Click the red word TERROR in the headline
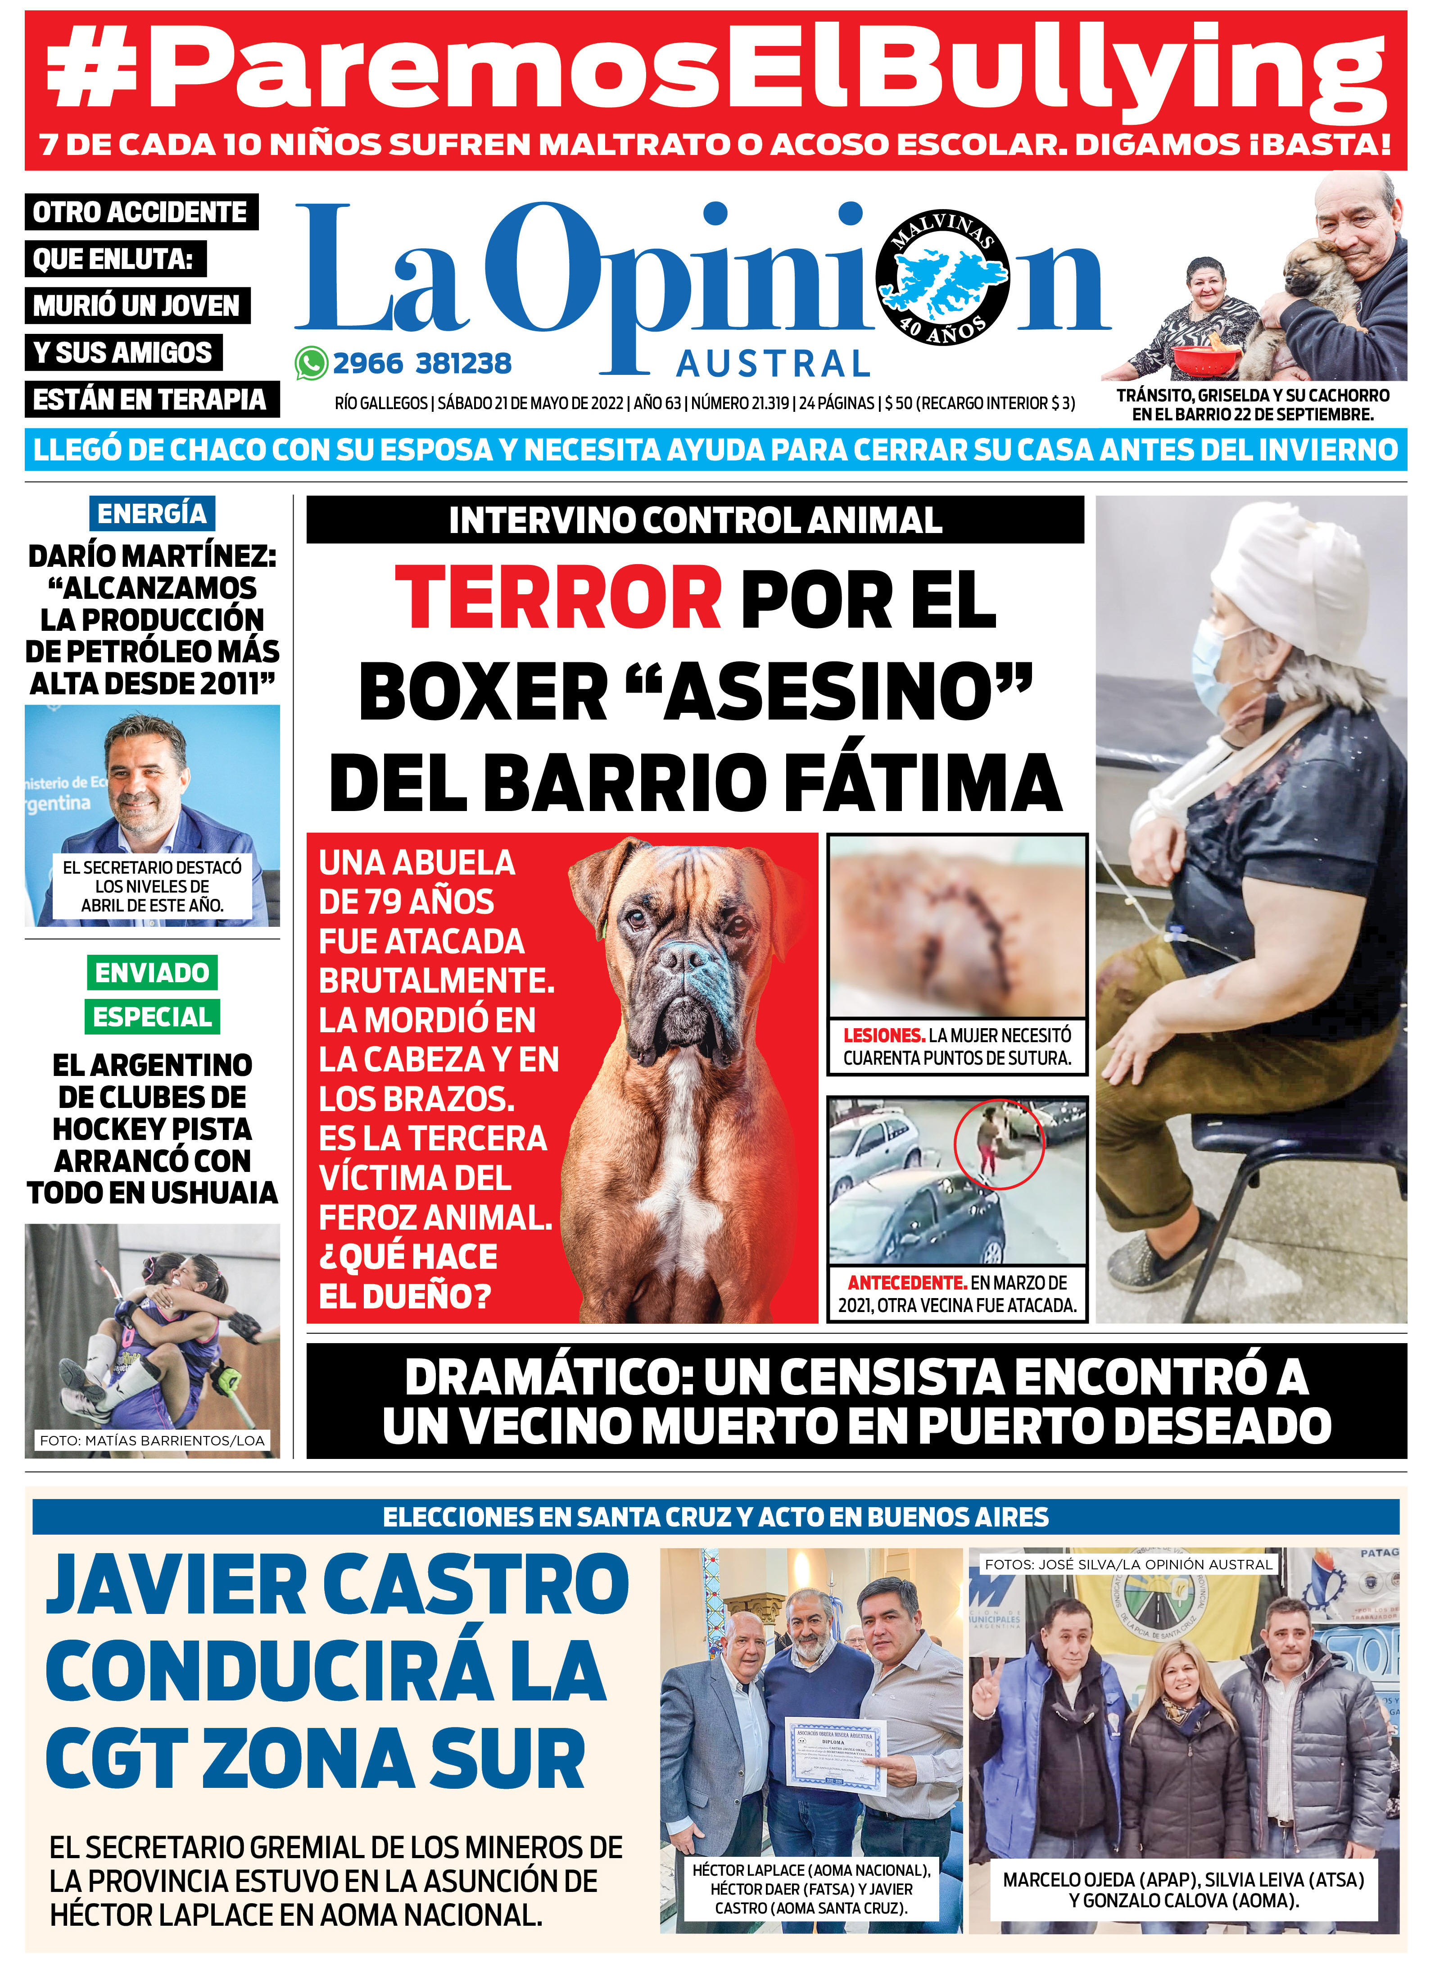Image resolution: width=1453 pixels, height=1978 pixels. click(558, 598)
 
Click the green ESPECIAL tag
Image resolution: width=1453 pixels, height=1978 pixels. click(152, 1017)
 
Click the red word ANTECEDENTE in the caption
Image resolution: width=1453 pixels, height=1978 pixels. click(907, 1283)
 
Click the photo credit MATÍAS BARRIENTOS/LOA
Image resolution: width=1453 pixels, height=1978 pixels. click(152, 1440)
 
